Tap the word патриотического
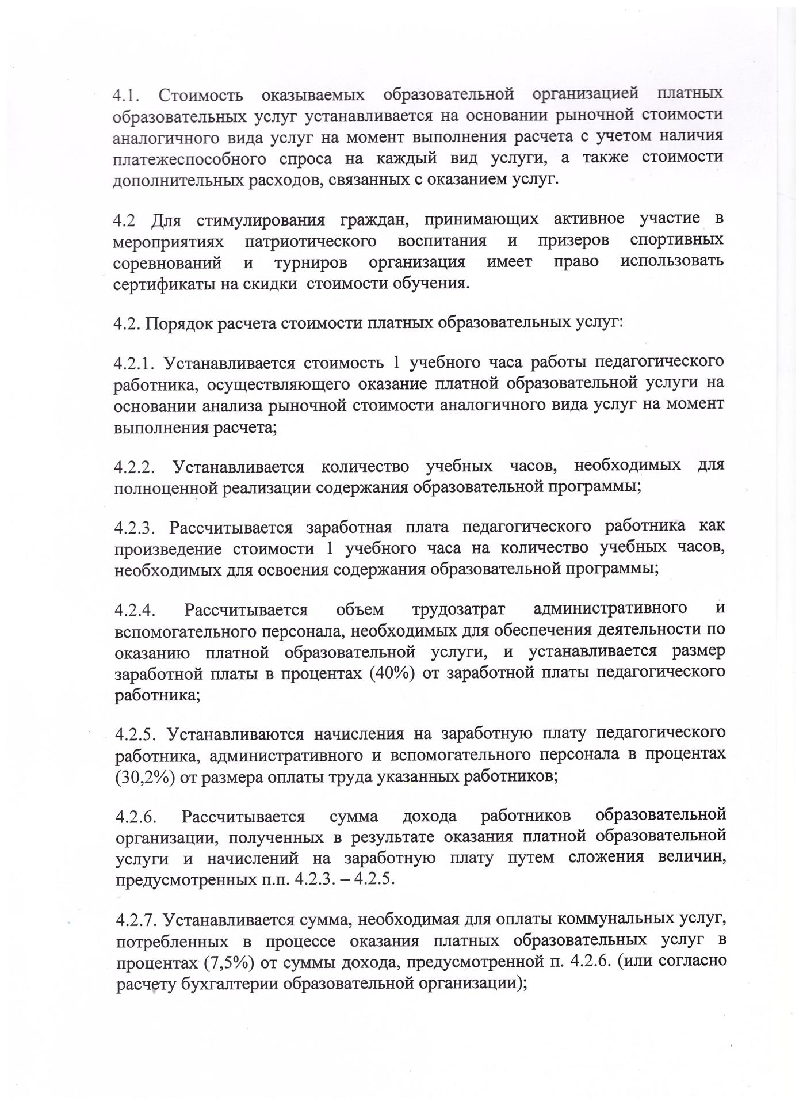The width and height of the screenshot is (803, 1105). (x=311, y=241)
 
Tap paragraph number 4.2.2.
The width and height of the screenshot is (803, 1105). (x=135, y=466)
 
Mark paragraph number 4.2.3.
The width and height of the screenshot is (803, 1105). (x=135, y=528)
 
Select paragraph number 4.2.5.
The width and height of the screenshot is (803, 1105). (x=136, y=734)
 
